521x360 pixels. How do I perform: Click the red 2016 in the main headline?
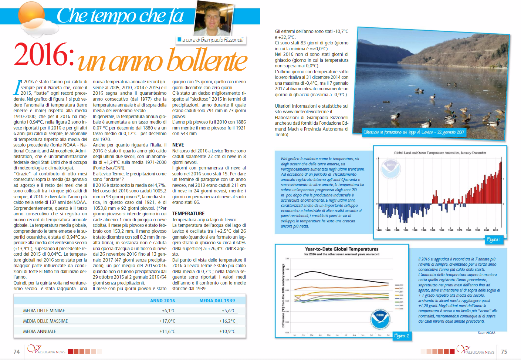pos(44,55)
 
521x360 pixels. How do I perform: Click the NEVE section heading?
pos(178,145)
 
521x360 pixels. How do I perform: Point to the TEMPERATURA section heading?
pos(188,213)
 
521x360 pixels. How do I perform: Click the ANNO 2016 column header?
pos(162,301)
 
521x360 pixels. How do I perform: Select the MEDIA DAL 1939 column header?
pos(217,301)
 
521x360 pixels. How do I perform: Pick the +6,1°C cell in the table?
pos(168,311)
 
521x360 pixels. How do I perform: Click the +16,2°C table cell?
pos(227,321)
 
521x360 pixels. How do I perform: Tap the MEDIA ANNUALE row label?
pos(40,332)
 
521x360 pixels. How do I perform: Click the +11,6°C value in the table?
pos(167,332)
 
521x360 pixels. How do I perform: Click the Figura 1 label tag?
pos(494,240)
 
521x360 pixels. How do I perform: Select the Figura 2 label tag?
pos(402,336)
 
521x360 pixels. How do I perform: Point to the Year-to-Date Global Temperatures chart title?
pos(341,249)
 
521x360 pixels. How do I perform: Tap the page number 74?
pos(17,351)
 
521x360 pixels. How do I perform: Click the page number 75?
pos(504,351)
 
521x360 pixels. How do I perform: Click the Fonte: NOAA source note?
pos(486,333)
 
